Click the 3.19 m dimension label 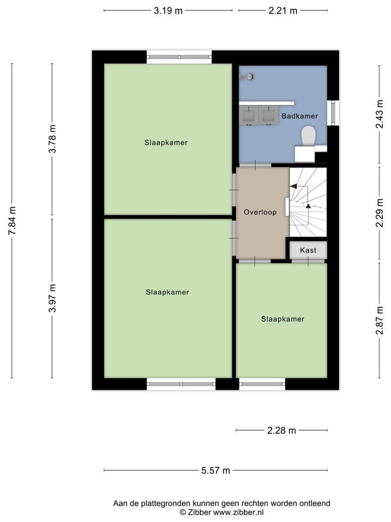[168, 10]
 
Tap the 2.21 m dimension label [283, 10]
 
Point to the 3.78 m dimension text [52, 139]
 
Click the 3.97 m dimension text [52, 298]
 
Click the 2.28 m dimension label [281, 431]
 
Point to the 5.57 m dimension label [216, 471]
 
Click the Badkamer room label [299, 116]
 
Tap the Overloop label [260, 212]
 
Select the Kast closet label [308, 250]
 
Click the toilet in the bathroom [308, 136]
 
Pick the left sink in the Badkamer [249, 115]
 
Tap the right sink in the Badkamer [268, 115]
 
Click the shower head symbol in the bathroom [249, 77]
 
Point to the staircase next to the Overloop [308, 202]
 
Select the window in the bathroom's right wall [333, 113]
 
